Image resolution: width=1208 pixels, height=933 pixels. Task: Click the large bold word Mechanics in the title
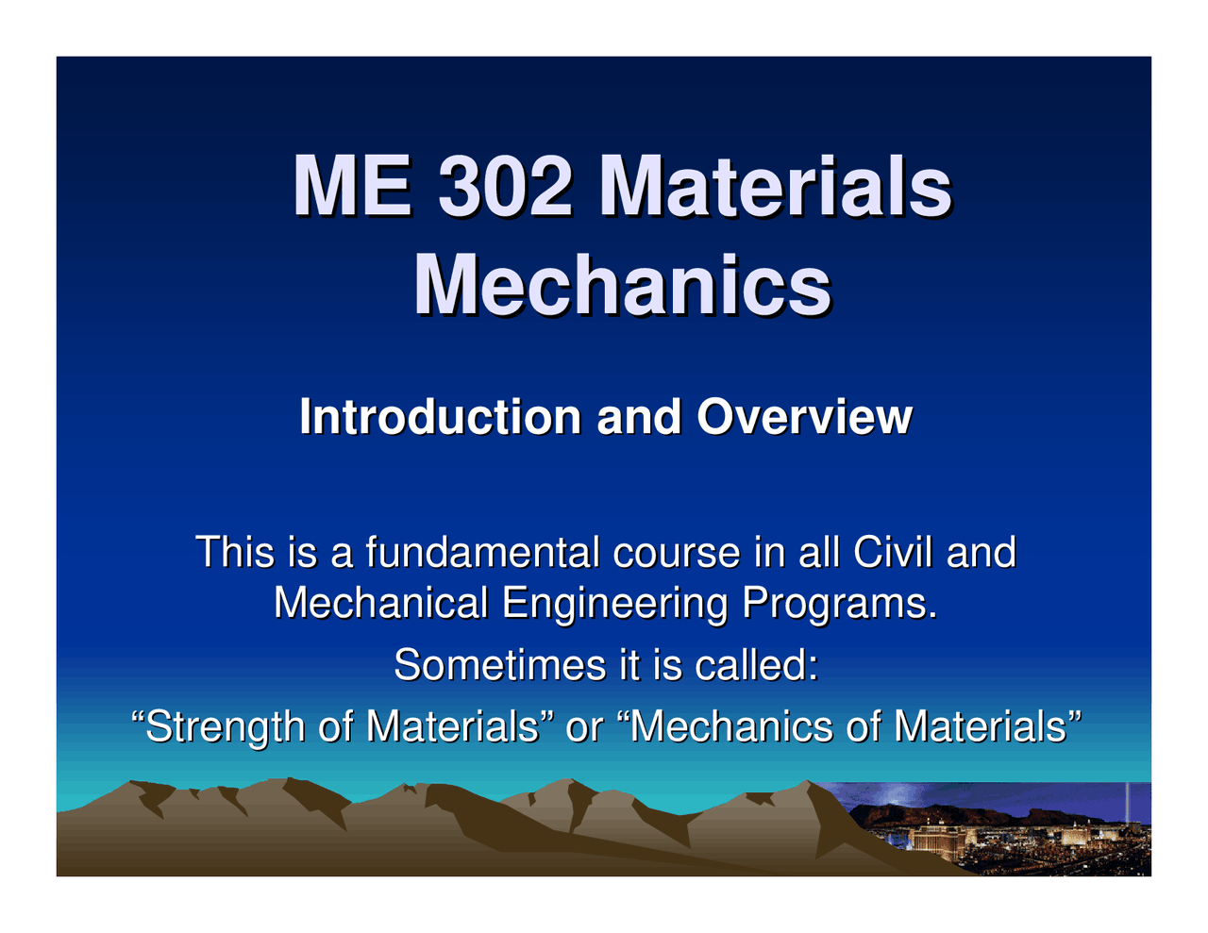click(x=622, y=285)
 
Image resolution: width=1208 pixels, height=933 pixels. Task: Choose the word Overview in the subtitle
click(x=804, y=417)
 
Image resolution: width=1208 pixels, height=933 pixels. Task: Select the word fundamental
click(x=482, y=552)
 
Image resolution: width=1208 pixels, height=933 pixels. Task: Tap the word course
click(x=677, y=554)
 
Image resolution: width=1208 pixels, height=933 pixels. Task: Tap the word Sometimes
click(x=500, y=665)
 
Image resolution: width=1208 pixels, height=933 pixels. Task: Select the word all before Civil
click(x=818, y=552)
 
